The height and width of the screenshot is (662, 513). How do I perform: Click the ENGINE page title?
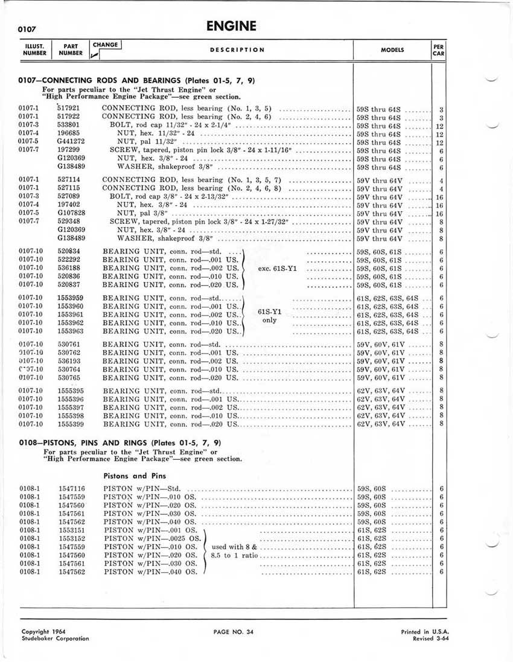coord(231,26)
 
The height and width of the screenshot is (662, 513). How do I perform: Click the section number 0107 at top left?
coord(28,28)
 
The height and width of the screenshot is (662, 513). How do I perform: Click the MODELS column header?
coord(392,50)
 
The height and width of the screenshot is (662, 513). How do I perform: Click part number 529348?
coord(69,221)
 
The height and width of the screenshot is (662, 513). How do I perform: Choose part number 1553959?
coord(71,298)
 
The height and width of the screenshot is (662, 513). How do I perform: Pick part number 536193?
coord(69,360)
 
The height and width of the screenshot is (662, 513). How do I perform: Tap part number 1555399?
coord(71,424)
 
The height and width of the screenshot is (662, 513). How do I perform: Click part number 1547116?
coord(71,488)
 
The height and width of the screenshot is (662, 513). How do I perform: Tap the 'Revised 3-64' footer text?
coord(432,638)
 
